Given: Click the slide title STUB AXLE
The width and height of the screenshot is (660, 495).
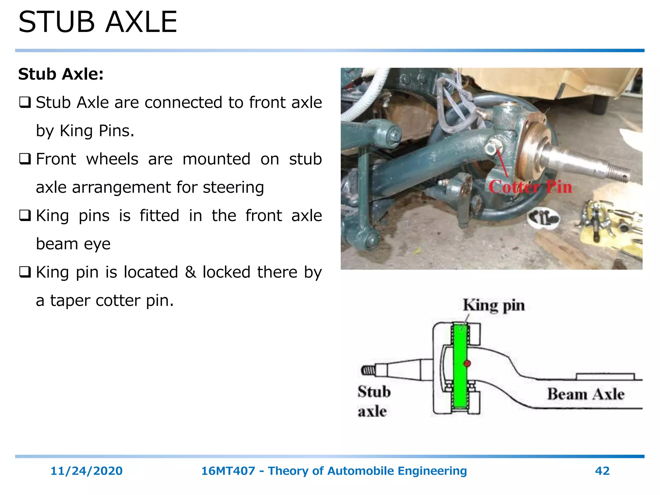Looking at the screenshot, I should pyautogui.click(x=98, y=22).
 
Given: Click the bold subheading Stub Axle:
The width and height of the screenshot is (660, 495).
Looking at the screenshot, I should pyautogui.click(x=61, y=74).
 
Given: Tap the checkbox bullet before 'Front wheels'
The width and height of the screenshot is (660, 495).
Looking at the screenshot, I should pyautogui.click(x=25, y=159).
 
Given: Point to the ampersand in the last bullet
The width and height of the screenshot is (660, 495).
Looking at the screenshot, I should pyautogui.click(x=190, y=272).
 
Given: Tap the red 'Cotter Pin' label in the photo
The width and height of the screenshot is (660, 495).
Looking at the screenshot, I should pyautogui.click(x=530, y=187).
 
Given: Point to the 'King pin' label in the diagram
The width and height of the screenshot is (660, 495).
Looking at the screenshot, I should pyautogui.click(x=494, y=305).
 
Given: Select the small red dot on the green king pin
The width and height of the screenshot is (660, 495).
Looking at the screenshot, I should pyautogui.click(x=467, y=363).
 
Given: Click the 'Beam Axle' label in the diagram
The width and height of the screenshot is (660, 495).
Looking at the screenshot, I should pyautogui.click(x=586, y=394).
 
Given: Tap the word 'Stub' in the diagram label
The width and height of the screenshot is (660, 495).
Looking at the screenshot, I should pyautogui.click(x=374, y=392).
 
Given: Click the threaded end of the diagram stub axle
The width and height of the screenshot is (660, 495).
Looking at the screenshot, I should pyautogui.click(x=368, y=370).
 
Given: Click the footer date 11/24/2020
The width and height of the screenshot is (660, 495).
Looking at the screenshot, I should pyautogui.click(x=86, y=471).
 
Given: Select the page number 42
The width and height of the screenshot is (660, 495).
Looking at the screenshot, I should pyautogui.click(x=602, y=471).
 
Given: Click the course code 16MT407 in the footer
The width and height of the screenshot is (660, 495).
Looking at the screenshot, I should pyautogui.click(x=228, y=471).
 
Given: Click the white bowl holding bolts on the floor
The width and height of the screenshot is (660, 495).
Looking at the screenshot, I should pyautogui.click(x=543, y=218).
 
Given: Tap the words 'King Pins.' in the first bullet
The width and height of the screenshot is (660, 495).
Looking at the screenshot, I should pyautogui.click(x=97, y=131).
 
